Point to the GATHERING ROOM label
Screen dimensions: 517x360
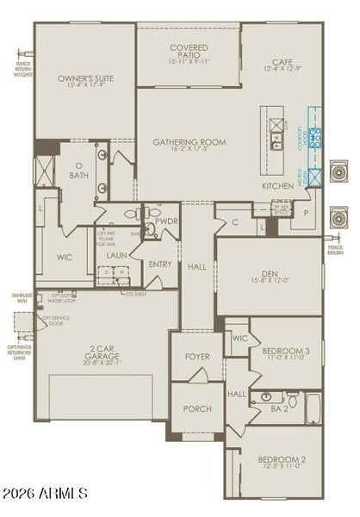coord(189,141)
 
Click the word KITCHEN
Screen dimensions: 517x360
coord(277,186)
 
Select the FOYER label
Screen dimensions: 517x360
coord(196,356)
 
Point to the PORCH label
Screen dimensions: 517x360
coord(197,408)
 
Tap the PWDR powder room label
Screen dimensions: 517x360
coord(166,221)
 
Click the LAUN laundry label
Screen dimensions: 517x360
coord(117,256)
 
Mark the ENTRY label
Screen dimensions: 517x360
coord(160,265)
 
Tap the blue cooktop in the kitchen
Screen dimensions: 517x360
coord(316,137)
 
